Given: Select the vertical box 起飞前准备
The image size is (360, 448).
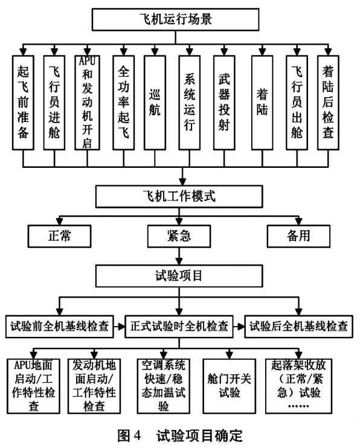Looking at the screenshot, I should point(24,101).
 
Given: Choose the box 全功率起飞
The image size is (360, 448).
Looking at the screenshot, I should point(123,101).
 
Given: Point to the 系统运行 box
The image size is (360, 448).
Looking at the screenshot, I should point(188,101).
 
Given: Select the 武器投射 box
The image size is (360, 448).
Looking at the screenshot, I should point(225,101).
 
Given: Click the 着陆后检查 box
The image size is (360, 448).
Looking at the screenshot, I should point(329,101).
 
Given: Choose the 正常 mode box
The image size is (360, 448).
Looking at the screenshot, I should point(60,235).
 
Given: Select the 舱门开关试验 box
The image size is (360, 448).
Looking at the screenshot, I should point(230,385).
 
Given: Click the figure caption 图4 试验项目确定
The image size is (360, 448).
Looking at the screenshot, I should point(177,436).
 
